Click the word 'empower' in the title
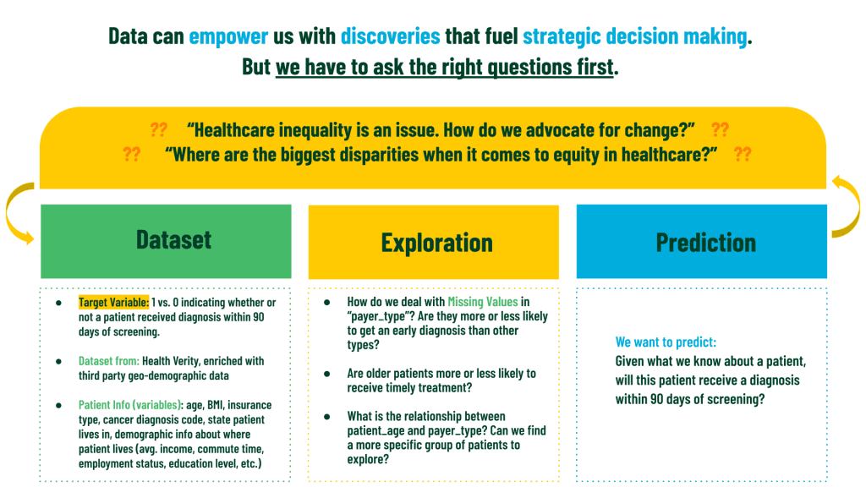click(x=228, y=37)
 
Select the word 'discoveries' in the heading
click(x=391, y=36)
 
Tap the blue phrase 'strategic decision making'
click(x=635, y=37)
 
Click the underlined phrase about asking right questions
click(x=445, y=68)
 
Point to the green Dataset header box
click(x=166, y=241)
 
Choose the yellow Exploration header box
click(x=434, y=242)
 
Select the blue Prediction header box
click(x=701, y=241)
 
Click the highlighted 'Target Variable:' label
click(x=114, y=303)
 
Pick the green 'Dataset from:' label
click(x=109, y=361)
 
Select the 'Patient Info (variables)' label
click(x=130, y=405)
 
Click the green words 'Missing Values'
click(x=483, y=302)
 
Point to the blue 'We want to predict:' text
click(x=666, y=342)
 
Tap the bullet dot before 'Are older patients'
click(x=327, y=375)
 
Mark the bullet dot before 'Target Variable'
click(x=58, y=304)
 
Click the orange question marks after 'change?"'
click(x=721, y=129)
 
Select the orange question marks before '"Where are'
click(x=131, y=154)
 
